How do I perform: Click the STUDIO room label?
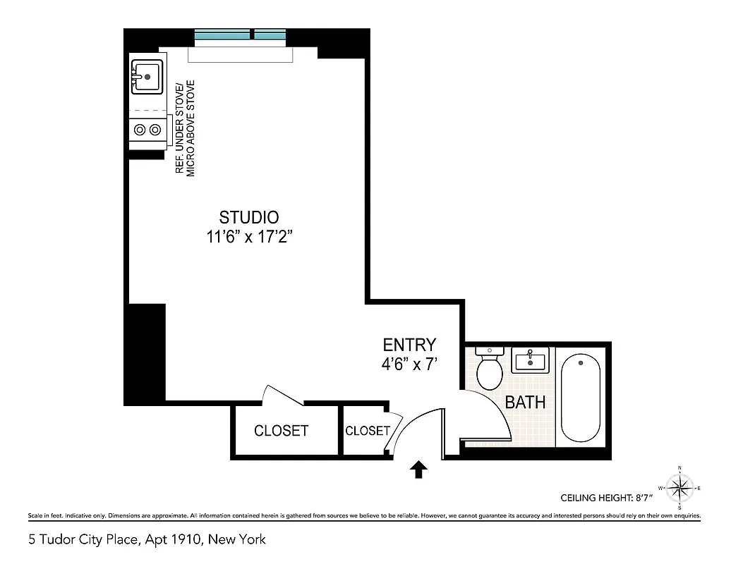(x=248, y=217)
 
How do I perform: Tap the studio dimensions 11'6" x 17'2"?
(x=249, y=237)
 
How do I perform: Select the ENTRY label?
(x=409, y=345)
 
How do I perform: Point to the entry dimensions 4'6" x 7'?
(x=409, y=364)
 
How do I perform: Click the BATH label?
(x=525, y=403)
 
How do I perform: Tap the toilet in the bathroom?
(x=488, y=367)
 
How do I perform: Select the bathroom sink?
(x=530, y=362)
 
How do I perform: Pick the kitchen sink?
(x=147, y=76)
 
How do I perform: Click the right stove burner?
(x=155, y=130)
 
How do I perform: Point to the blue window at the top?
(x=239, y=35)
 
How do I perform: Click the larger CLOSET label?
(x=281, y=431)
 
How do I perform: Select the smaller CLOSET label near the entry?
(x=367, y=431)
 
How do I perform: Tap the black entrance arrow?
(x=418, y=470)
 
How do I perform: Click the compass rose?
(x=679, y=487)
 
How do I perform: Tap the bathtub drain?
(x=581, y=363)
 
